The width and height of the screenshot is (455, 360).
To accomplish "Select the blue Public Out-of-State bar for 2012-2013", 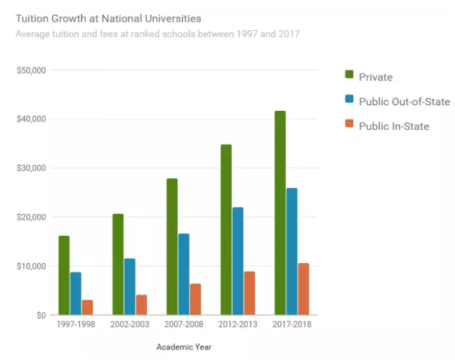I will [x=238, y=261].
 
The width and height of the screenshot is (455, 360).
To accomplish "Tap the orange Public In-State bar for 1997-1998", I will [x=87, y=307].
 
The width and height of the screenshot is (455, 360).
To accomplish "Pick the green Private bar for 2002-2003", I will [x=118, y=265].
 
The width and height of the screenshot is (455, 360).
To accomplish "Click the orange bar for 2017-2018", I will [x=303, y=289].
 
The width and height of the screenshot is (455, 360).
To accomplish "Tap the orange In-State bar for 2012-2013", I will [x=249, y=293].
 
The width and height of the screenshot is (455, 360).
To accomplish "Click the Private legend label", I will [x=376, y=77].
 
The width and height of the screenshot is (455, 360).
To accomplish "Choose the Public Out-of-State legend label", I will [x=404, y=102].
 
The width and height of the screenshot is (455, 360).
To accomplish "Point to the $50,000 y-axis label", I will [x=30, y=70].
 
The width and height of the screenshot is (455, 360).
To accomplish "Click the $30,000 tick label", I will [x=30, y=168].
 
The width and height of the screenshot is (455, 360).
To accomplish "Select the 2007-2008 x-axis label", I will [x=184, y=325].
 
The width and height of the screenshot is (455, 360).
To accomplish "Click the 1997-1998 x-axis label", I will [x=75, y=325].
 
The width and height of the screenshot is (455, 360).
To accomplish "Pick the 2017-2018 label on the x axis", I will [x=292, y=325].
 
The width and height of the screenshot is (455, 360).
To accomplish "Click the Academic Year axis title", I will [x=184, y=347].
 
